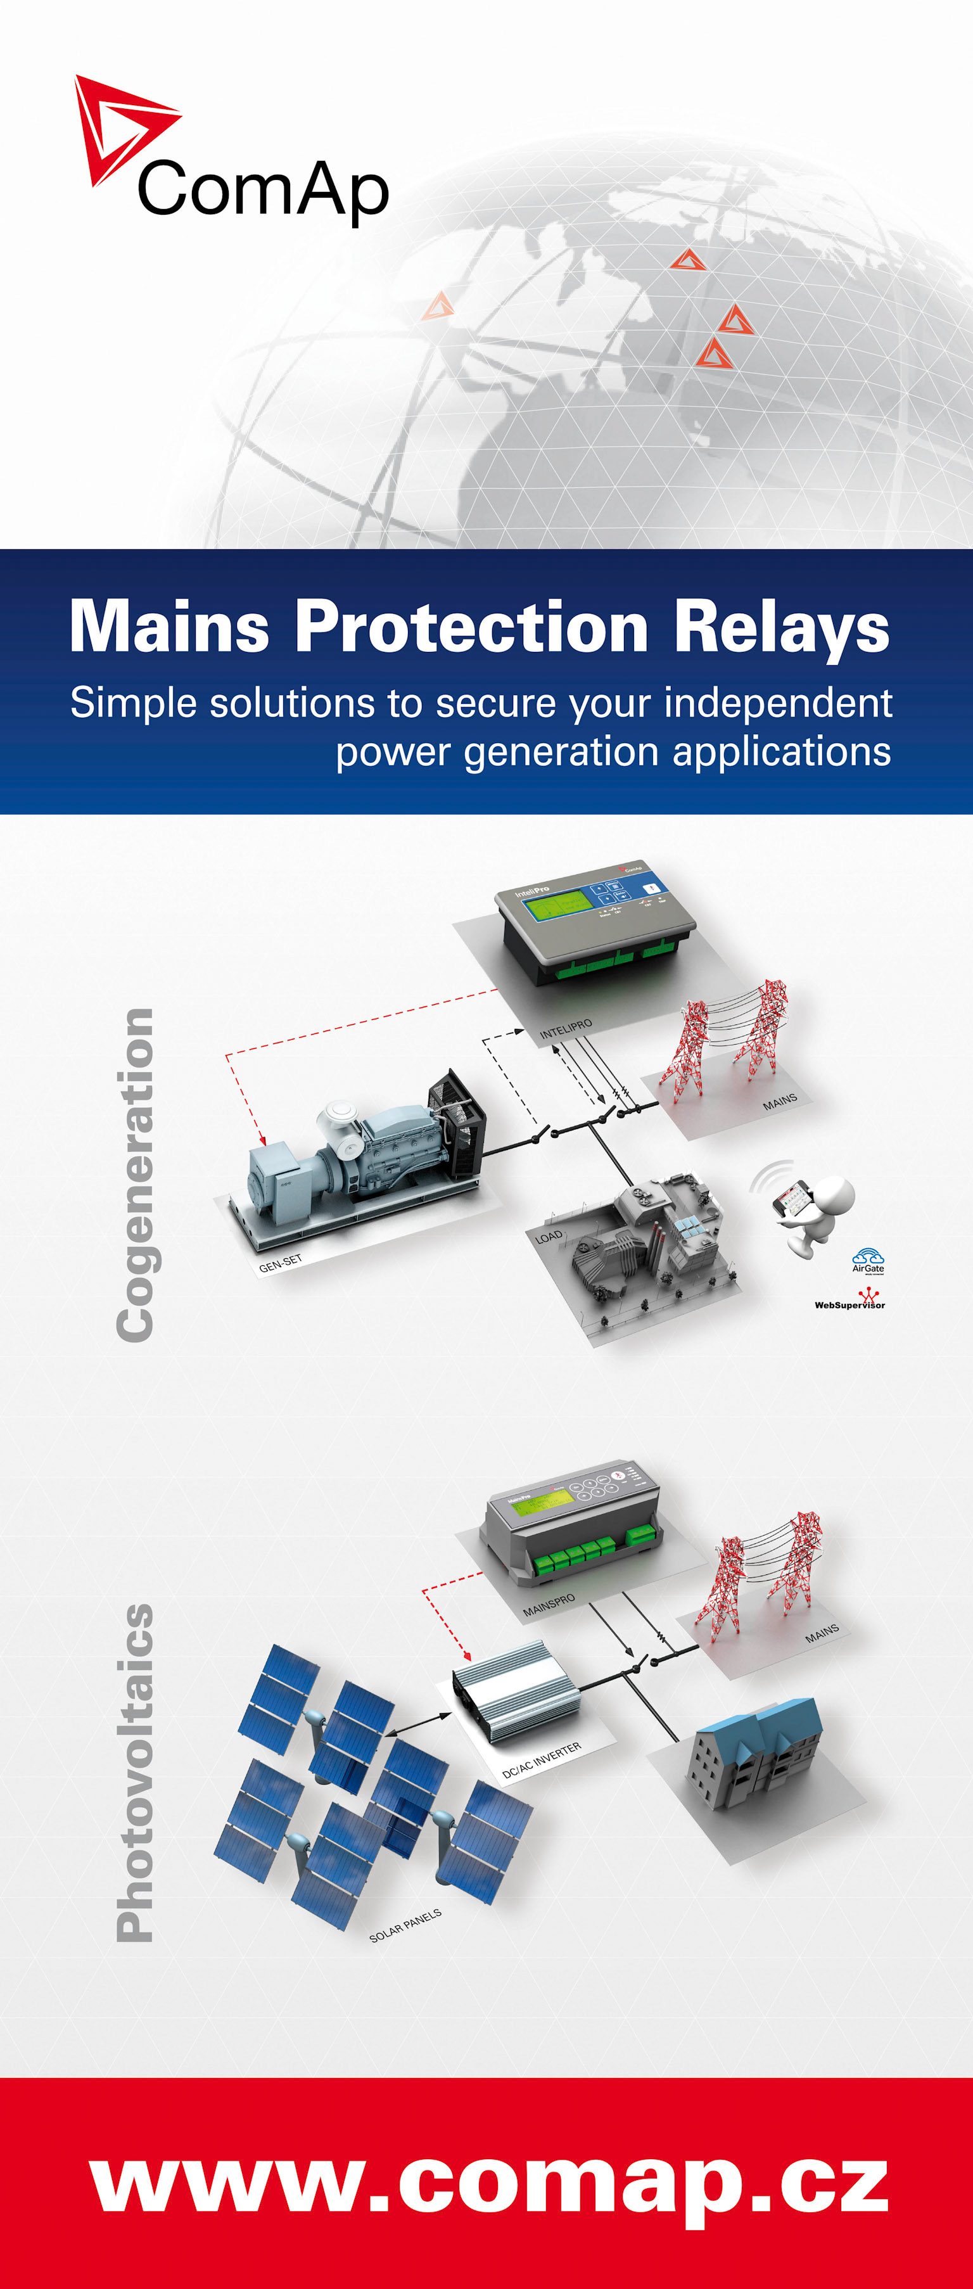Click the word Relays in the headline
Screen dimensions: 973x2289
tap(781, 627)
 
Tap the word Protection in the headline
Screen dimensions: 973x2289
tap(471, 627)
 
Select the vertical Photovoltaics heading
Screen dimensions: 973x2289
tap(135, 1773)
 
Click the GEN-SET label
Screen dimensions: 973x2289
tap(281, 1263)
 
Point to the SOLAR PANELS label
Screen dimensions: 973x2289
tap(405, 1925)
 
